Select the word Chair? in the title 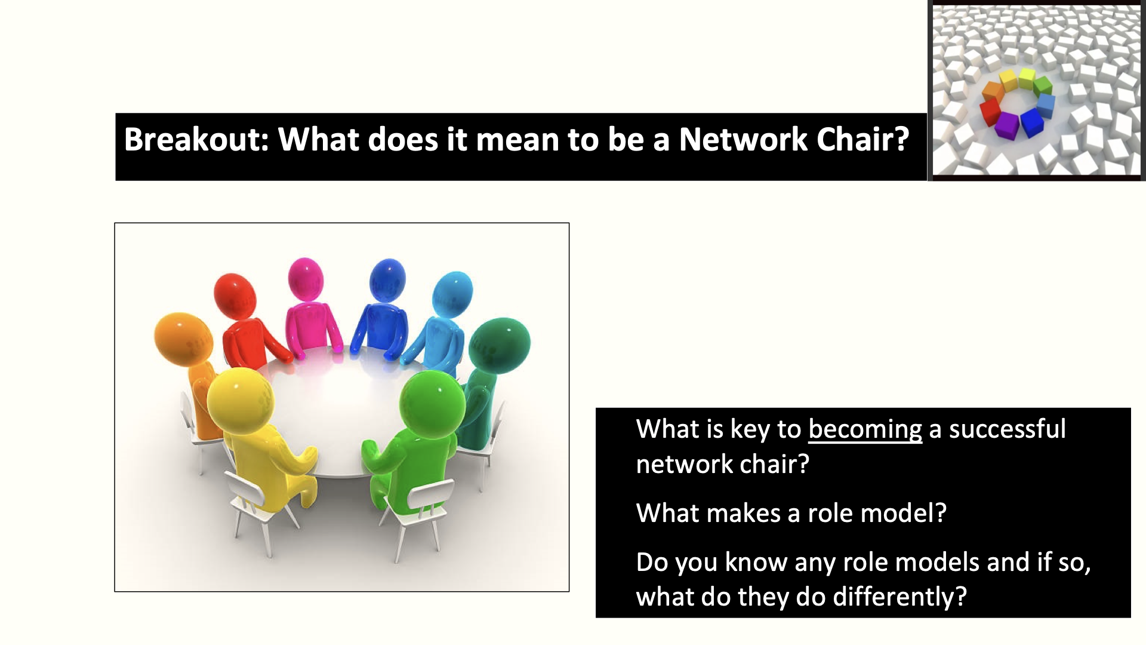(862, 139)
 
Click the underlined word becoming (865, 430)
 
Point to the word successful (1008, 429)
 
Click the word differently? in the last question (899, 597)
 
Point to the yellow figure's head (240, 399)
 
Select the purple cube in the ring (1007, 125)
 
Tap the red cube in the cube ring (990, 112)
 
